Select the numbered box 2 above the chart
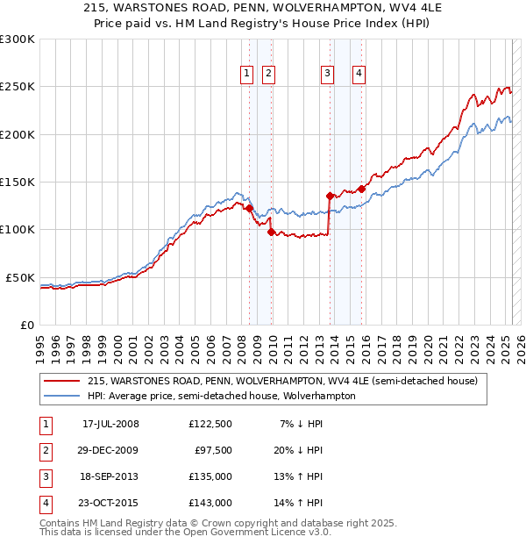[267, 75]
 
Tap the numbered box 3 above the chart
[327, 75]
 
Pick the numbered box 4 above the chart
[359, 75]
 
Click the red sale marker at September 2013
[330, 196]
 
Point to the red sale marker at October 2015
[361, 188]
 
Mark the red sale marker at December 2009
[271, 233]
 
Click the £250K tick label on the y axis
[18, 87]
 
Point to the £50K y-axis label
[21, 277]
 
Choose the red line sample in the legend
[62, 382]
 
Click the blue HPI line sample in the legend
[62, 396]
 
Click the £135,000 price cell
[210, 477]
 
